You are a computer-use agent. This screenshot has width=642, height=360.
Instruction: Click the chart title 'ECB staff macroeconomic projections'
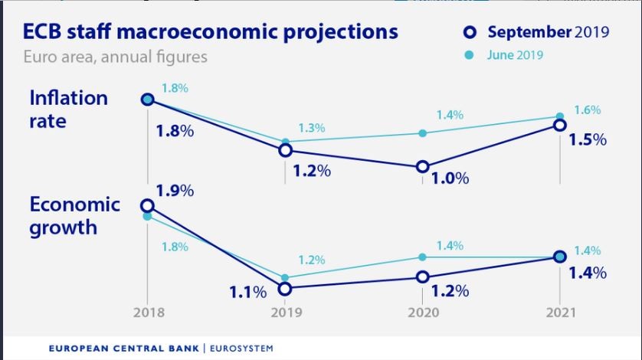[x=211, y=32]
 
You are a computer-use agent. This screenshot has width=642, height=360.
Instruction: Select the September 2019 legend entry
[x=538, y=32]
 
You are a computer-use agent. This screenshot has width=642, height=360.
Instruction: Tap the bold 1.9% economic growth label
[x=175, y=191]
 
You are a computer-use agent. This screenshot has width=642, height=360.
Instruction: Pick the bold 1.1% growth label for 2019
[x=247, y=292]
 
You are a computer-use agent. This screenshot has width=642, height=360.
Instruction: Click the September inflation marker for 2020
[x=422, y=167]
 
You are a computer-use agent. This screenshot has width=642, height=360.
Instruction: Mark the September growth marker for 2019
[x=285, y=289]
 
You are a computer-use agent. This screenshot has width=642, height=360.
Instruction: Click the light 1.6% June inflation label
[x=587, y=110]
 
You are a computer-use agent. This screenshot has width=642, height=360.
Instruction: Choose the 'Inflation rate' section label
[x=68, y=109]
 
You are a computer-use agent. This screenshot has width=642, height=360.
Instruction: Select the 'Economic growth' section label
[x=74, y=215]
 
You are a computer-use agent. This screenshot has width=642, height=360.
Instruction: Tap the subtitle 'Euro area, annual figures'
[x=115, y=57]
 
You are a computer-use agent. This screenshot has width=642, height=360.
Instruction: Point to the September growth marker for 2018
[x=147, y=205]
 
